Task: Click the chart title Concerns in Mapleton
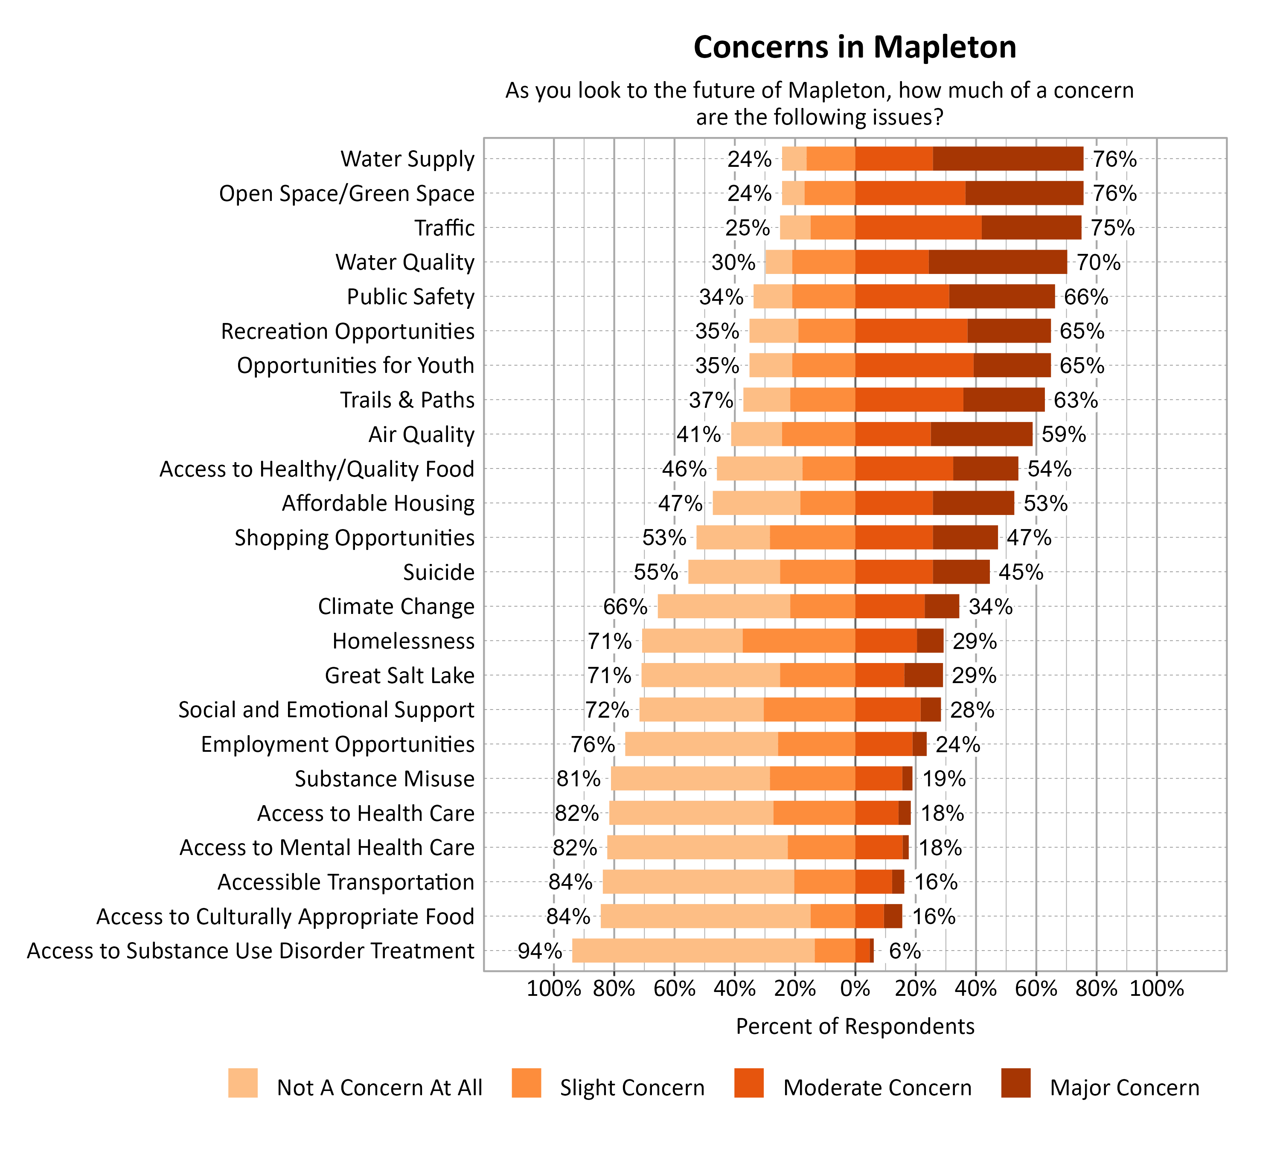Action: tap(855, 47)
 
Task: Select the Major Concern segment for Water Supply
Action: tap(1008, 159)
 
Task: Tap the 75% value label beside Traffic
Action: tap(1112, 228)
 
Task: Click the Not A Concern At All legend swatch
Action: tap(243, 1083)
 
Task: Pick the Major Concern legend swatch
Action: tap(1015, 1083)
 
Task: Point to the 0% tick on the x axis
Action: tap(855, 989)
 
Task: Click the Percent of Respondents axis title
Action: tap(855, 1026)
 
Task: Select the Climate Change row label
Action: tap(396, 606)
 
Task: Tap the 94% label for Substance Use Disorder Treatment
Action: tap(539, 951)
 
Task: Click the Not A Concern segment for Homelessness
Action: tap(692, 640)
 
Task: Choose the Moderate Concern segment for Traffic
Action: tap(918, 228)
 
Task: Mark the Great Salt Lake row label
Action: tap(399, 675)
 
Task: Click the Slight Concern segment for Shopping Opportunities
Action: tap(812, 538)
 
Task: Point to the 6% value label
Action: tap(905, 951)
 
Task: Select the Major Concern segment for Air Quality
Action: tap(981, 434)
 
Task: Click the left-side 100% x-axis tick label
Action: tap(553, 989)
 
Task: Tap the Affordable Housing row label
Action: tap(378, 503)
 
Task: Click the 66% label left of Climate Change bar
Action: tap(625, 606)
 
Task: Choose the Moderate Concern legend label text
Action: tap(877, 1088)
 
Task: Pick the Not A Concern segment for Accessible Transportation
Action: tap(698, 882)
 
